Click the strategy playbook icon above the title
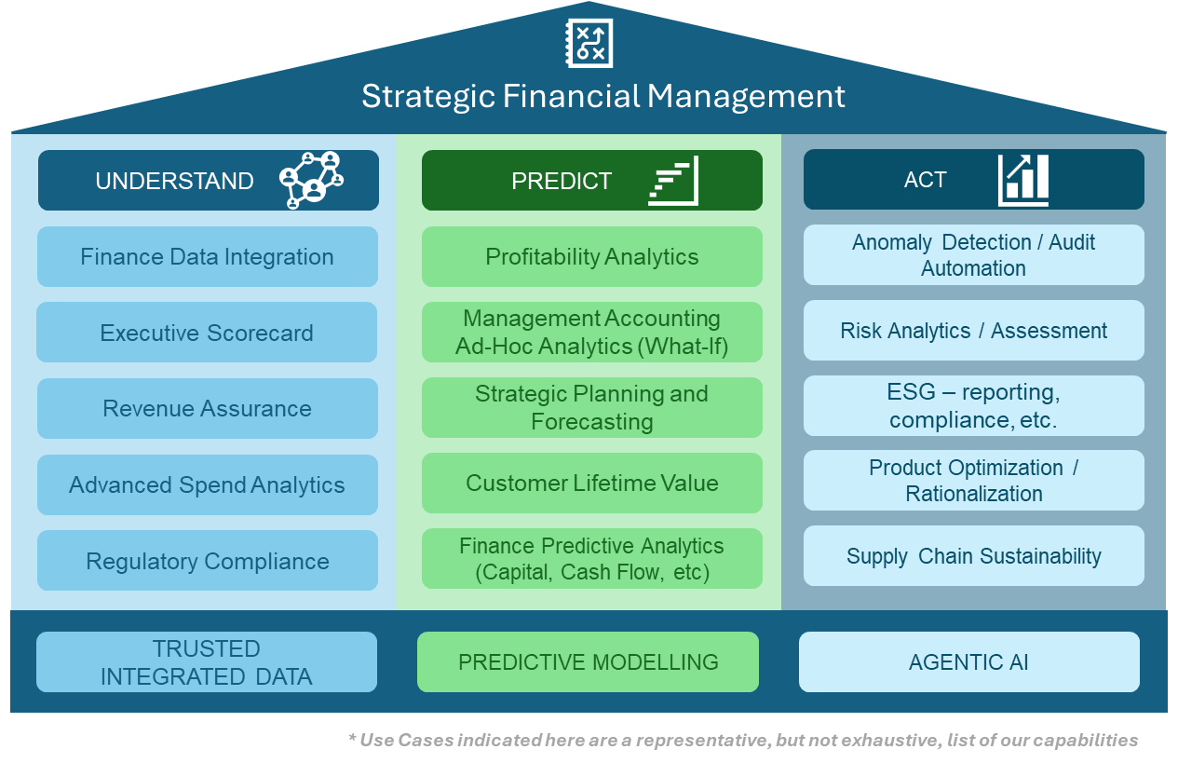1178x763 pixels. tap(589, 43)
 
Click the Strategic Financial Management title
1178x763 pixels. tap(603, 97)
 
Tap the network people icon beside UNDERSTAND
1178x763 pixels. tap(311, 180)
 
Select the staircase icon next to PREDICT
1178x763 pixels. tap(673, 181)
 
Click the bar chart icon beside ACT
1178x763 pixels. tap(1022, 180)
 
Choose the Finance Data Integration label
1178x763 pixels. tap(207, 257)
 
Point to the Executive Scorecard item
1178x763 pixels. tap(207, 334)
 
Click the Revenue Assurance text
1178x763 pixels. tap(207, 409)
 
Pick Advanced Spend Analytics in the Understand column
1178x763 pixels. tap(207, 485)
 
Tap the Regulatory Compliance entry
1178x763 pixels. tap(207, 562)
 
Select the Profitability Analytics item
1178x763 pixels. tap(591, 257)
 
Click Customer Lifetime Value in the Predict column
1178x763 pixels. tap(591, 484)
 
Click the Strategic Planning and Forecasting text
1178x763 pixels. tap(591, 407)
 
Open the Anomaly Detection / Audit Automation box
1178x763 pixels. tap(973, 254)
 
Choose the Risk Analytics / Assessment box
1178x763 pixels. tap(973, 331)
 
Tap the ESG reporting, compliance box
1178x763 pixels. tap(973, 405)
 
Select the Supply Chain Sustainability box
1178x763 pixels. tap(973, 556)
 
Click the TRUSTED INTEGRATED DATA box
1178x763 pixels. tap(207, 662)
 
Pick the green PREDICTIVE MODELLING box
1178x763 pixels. tap(588, 662)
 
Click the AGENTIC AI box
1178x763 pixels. tap(968, 662)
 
